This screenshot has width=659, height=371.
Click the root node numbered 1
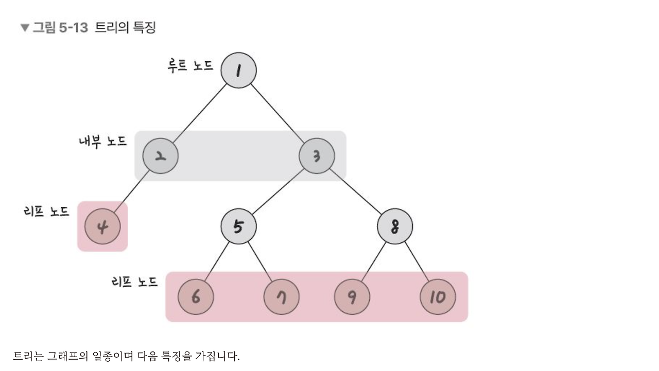[x=238, y=70]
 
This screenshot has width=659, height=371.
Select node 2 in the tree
[x=161, y=156]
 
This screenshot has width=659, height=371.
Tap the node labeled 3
[x=317, y=156]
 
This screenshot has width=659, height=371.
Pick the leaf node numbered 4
[x=102, y=226]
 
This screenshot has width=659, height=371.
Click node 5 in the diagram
[x=238, y=226]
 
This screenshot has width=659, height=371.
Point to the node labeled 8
[x=394, y=226]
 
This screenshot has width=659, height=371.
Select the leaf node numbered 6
[x=196, y=297]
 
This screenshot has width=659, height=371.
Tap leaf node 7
[x=281, y=297]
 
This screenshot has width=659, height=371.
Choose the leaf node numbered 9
[x=352, y=297]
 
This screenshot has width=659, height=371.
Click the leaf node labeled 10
[x=437, y=297]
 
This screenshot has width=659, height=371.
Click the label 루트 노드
[x=190, y=66]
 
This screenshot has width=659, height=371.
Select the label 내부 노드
[x=102, y=142]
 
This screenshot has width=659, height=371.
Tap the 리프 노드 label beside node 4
[x=46, y=211]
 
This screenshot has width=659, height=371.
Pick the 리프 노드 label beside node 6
[x=134, y=282]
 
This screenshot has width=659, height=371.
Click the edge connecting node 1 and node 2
[x=200, y=113]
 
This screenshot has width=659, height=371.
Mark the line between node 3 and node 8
[x=355, y=191]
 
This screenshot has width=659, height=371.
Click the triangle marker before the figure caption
[x=25, y=28]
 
